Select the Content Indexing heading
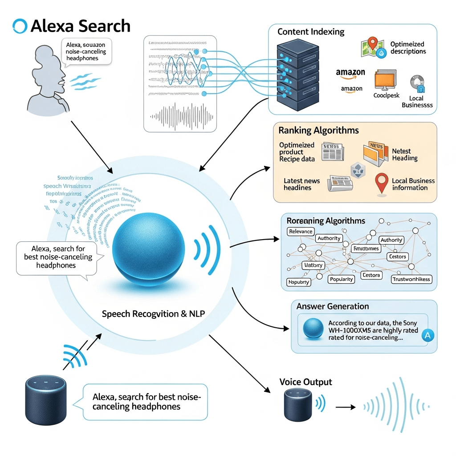click(x=310, y=32)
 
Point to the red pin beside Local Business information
click(x=382, y=183)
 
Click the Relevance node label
click(x=301, y=232)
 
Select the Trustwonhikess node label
click(x=411, y=279)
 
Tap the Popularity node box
click(x=341, y=279)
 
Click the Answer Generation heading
click(x=332, y=306)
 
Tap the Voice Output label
click(x=305, y=382)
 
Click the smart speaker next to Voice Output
click(x=297, y=404)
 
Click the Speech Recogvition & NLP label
click(x=153, y=314)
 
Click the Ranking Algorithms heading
click(x=318, y=130)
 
